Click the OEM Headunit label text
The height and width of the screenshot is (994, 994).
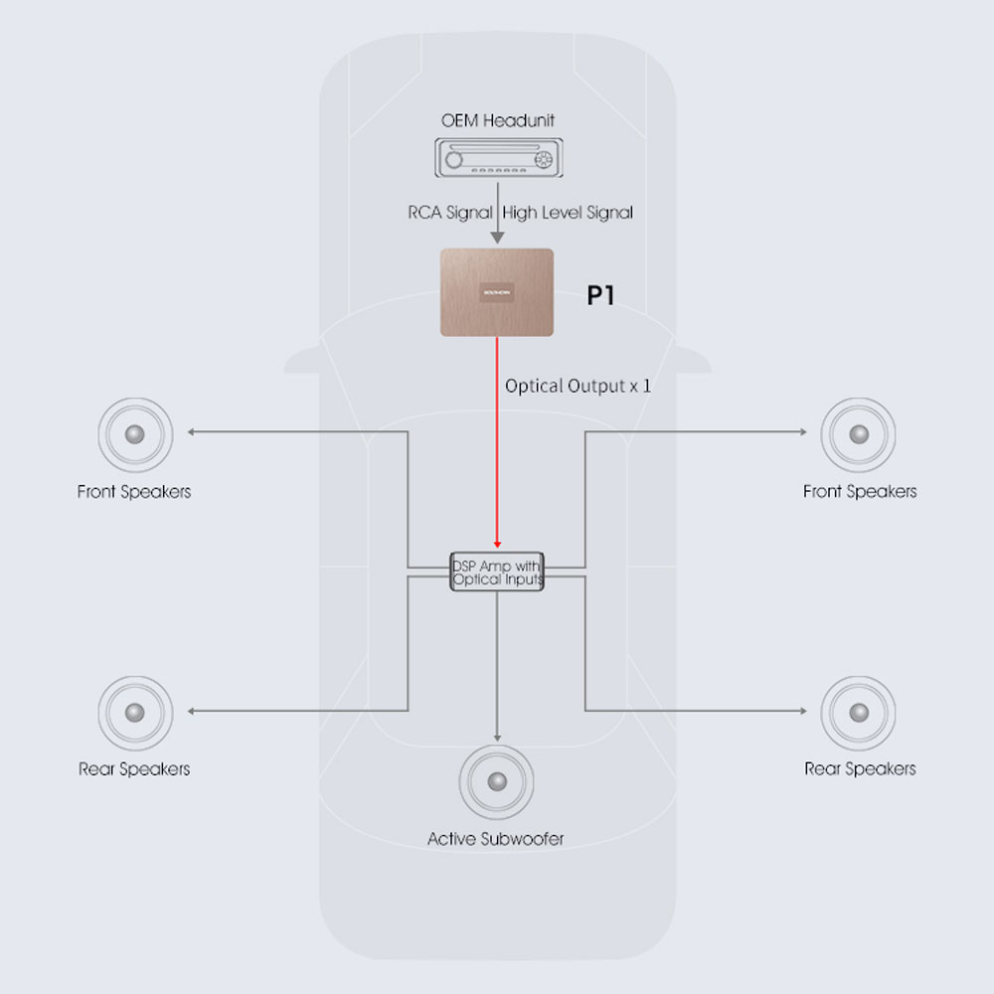pos(497,120)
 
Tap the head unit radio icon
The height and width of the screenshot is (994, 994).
pos(497,159)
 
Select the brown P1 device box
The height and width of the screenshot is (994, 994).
pos(497,292)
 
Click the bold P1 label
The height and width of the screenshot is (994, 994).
pos(600,296)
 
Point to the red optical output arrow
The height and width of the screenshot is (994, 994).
pos(497,447)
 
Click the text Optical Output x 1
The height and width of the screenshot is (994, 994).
pos(578,386)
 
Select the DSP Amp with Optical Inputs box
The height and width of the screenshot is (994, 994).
pos(497,573)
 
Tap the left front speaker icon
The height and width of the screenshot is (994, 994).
pos(135,434)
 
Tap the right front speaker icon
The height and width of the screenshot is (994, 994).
pos(858,434)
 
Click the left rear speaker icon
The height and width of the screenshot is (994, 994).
pos(135,712)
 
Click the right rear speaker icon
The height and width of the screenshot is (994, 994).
pos(858,712)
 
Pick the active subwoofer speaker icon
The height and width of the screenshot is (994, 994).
pos(496,780)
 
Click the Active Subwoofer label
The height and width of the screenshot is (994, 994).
pos(495,839)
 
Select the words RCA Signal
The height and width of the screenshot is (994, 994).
pos(449,212)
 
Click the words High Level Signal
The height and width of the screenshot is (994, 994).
pos(568,212)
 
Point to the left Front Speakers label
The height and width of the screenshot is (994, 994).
pos(134,491)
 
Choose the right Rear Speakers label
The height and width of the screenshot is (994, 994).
pos(860,768)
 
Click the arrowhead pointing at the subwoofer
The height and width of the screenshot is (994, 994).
pos(497,737)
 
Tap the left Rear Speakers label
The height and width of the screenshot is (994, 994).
pos(134,768)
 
